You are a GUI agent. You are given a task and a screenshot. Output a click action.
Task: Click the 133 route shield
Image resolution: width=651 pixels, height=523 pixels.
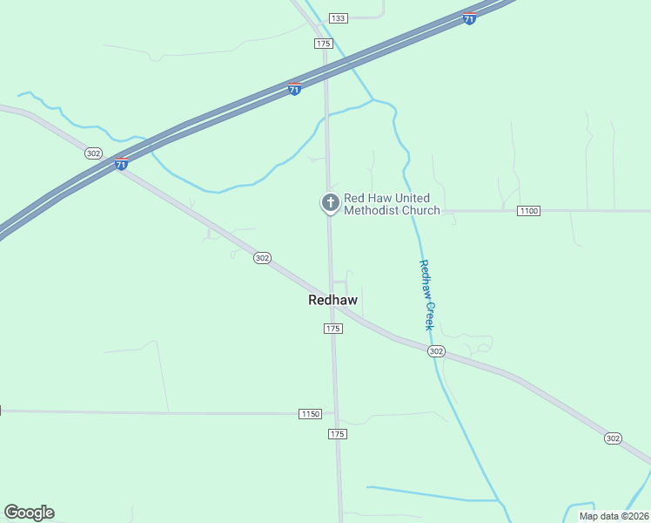pos(339,18)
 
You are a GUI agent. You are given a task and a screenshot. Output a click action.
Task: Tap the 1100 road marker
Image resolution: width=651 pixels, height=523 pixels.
pos(528,211)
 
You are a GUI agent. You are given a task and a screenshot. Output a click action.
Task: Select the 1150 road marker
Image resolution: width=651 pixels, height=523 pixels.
pos(310,413)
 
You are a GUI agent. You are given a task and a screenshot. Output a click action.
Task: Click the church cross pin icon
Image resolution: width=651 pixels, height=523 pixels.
pos(330,203)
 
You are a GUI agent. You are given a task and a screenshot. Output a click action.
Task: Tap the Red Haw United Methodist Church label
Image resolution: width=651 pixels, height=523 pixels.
pos(392,204)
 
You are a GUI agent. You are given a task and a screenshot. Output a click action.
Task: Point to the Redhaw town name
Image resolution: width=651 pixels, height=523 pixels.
pos(332,300)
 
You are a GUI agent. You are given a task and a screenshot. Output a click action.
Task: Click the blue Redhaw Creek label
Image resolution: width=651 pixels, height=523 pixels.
pos(426,295)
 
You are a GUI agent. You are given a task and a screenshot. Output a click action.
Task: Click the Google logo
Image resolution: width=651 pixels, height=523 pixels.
pos(29,513)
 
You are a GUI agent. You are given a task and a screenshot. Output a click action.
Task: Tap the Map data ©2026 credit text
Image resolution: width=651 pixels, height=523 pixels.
pos(613,516)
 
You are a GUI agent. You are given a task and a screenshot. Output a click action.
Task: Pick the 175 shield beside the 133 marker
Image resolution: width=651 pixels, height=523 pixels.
pos(324,43)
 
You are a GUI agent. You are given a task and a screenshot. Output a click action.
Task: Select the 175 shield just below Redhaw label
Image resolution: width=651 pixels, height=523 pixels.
pos(332,328)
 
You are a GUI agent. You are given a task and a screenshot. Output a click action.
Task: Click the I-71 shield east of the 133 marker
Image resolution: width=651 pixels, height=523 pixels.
pos(469,18)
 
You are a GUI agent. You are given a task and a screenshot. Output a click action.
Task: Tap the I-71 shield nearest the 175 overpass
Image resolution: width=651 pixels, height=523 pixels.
pos(294,89)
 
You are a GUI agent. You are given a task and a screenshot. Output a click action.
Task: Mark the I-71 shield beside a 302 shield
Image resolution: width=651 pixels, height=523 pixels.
pos(121,163)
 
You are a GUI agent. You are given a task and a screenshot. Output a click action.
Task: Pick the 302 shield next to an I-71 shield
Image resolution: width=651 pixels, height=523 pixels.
pos(94,153)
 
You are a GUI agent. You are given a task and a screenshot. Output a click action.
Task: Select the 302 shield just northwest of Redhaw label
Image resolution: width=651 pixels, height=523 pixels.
pos(262,258)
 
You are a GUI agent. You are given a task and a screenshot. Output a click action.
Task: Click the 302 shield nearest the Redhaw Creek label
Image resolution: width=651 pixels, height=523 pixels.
pos(436,350)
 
